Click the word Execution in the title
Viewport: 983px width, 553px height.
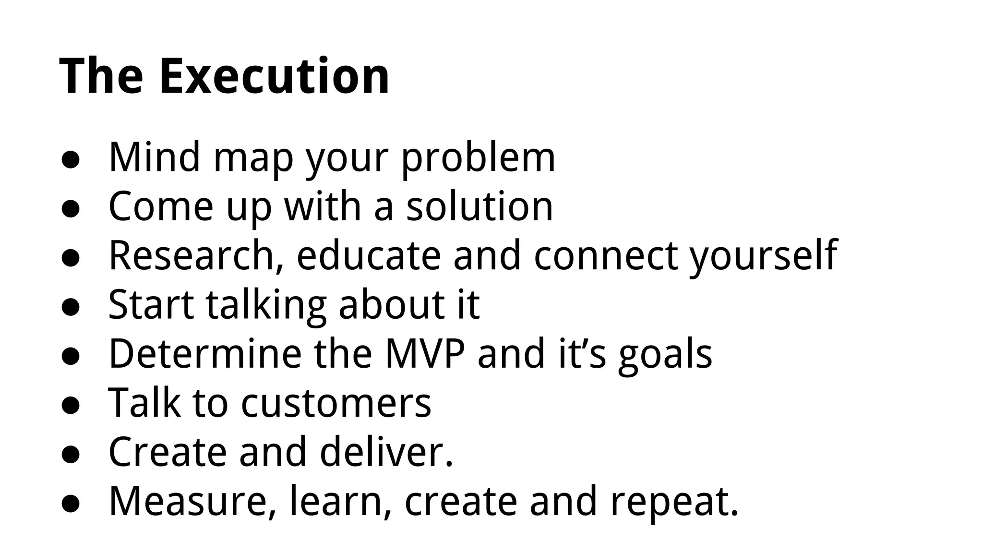[274, 76]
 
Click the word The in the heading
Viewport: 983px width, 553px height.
[101, 76]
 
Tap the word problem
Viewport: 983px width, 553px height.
[478, 158]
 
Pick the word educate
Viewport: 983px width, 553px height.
[369, 255]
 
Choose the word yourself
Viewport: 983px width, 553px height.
[764, 256]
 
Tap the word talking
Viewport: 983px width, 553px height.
[266, 305]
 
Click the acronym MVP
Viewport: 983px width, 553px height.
[425, 354]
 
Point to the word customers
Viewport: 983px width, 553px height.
[336, 403]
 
